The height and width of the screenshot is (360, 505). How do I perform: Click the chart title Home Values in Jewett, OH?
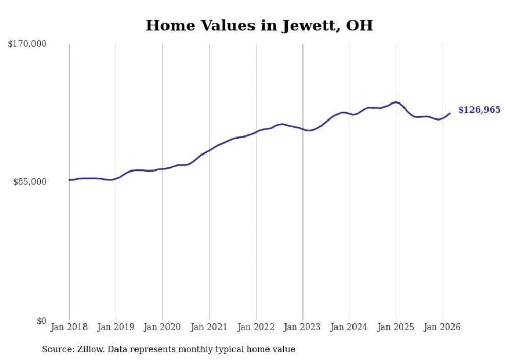[259, 25]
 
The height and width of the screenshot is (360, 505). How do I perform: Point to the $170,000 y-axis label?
[27, 44]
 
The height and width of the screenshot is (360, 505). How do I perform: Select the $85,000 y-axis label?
[30, 182]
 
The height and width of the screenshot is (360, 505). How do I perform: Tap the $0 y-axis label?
[41, 321]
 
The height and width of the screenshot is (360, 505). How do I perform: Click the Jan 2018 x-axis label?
[69, 327]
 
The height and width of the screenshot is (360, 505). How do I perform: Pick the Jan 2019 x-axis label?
[116, 327]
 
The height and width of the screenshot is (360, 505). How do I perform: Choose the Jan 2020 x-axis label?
[162, 327]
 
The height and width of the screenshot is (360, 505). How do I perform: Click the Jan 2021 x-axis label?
[209, 327]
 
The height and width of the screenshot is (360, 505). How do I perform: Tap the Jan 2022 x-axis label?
[256, 327]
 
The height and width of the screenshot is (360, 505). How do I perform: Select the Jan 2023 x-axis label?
[302, 327]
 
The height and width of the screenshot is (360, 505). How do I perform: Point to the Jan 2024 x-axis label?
[349, 327]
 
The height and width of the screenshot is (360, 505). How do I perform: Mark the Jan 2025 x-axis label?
[396, 327]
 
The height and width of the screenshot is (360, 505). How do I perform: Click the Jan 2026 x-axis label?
[442, 327]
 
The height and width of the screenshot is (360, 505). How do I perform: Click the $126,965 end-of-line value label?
[479, 110]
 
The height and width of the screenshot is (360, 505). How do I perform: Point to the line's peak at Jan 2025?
[396, 102]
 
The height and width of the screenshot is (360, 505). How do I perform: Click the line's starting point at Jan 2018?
[69, 180]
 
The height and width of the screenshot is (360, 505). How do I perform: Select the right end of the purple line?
[450, 113]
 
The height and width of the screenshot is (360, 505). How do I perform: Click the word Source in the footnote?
[56, 349]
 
